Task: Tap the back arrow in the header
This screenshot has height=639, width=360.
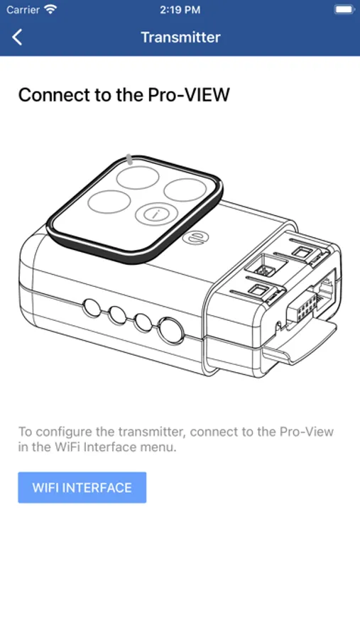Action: coord(17,37)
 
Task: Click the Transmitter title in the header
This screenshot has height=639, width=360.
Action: coord(180,37)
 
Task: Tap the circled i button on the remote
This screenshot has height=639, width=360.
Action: coord(153,213)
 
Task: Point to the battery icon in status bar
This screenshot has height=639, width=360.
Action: coord(344,9)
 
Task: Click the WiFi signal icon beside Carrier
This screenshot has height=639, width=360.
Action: coord(51,9)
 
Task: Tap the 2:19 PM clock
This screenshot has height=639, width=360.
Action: coord(180,10)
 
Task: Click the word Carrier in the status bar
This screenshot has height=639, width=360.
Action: coord(23,9)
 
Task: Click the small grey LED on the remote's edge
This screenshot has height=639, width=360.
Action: coord(129,159)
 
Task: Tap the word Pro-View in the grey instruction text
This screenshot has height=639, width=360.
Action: coord(307,432)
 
